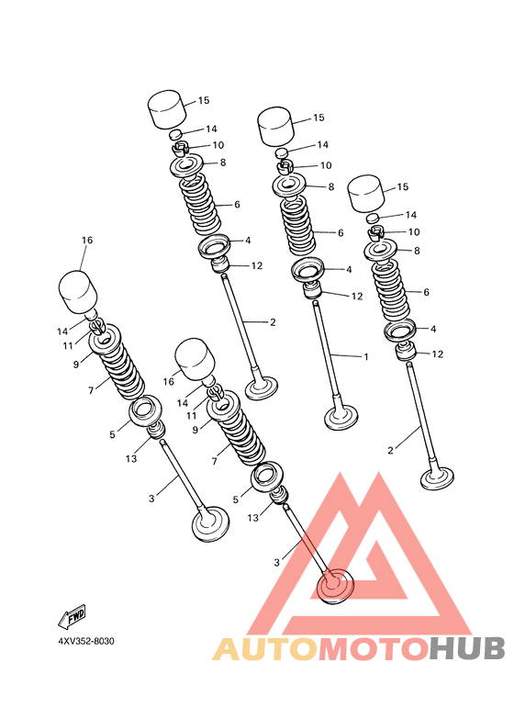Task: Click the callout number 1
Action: tap(365, 356)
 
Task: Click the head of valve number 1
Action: tap(341, 419)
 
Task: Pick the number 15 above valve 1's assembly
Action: tap(318, 118)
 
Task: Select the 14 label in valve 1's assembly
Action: tap(322, 145)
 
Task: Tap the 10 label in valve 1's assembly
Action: tap(325, 165)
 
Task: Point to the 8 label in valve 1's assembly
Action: tap(330, 186)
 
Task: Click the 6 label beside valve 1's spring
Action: tap(340, 233)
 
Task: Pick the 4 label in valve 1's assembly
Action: tap(349, 269)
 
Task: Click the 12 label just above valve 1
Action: tap(356, 297)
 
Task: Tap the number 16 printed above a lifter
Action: tap(87, 241)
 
